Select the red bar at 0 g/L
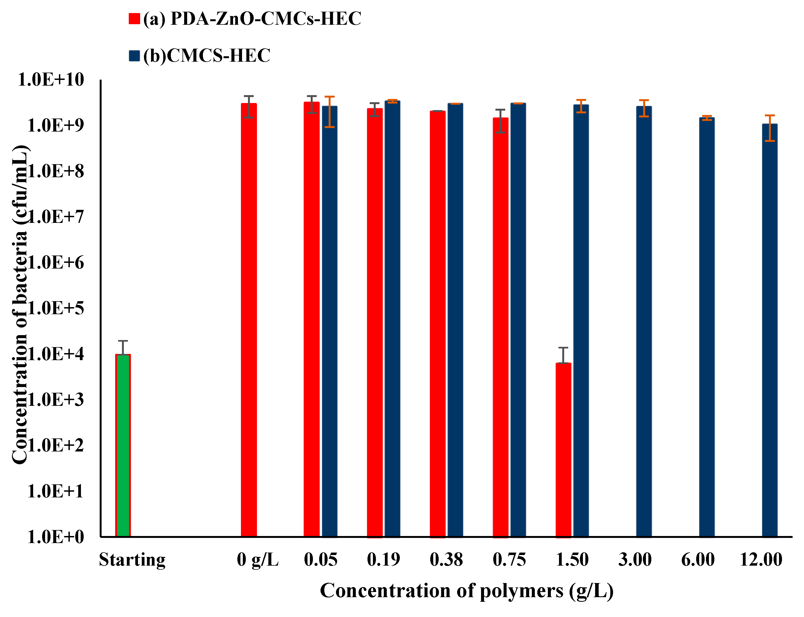point(249,320)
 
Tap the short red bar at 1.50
point(563,450)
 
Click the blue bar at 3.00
point(644,321)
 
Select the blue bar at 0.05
point(329,321)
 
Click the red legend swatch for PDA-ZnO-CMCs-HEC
point(134,19)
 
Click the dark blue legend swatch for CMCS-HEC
point(134,55)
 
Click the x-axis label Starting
point(132,560)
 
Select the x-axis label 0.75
point(509,560)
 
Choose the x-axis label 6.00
point(698,560)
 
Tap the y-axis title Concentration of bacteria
point(20,305)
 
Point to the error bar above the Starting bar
point(123,347)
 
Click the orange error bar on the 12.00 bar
point(770,128)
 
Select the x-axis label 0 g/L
point(257,560)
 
